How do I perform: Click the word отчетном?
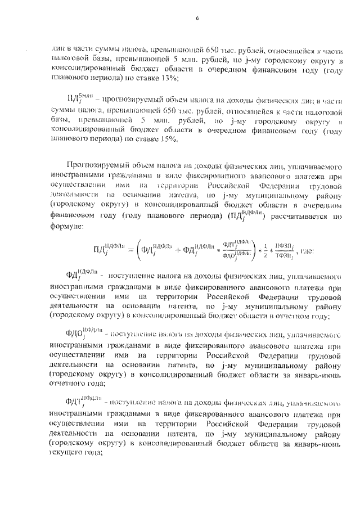306,317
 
